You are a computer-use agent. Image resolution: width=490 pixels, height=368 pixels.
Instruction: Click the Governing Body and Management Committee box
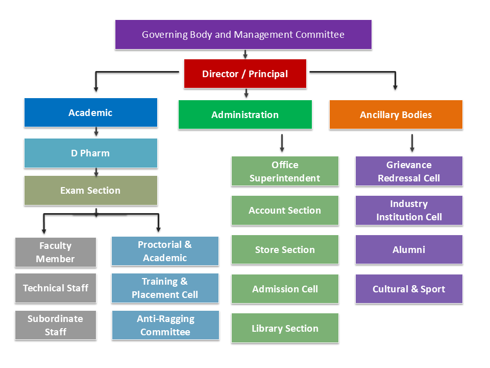click(243, 35)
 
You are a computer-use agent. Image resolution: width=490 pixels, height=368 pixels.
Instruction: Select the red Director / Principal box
click(245, 74)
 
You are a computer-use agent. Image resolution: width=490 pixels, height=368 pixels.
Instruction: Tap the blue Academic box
click(90, 112)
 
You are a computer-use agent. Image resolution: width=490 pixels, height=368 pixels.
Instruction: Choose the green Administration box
click(245, 114)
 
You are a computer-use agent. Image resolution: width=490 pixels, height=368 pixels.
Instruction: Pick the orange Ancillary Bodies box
click(396, 114)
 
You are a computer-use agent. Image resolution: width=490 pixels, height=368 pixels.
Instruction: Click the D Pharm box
click(90, 153)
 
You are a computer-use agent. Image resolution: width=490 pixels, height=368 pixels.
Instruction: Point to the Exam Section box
click(90, 190)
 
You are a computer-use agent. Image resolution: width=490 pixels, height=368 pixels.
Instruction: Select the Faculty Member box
click(55, 252)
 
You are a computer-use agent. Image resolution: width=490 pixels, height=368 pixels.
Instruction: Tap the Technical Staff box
click(55, 288)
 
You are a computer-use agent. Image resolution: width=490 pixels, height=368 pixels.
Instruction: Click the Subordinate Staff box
click(55, 325)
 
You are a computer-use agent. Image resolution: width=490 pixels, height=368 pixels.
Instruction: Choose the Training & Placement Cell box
click(165, 288)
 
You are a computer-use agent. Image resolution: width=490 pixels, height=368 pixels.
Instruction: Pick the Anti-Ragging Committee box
click(165, 325)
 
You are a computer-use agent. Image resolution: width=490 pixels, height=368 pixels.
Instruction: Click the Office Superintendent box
click(285, 171)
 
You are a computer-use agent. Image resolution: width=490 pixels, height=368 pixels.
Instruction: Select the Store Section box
click(285, 249)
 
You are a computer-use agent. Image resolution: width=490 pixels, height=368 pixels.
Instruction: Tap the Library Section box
click(285, 328)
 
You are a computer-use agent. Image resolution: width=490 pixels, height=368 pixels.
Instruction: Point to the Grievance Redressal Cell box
click(409, 171)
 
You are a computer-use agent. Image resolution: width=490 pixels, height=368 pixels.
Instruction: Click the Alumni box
click(409, 249)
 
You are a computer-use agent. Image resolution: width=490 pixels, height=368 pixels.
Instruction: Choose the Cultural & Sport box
click(409, 289)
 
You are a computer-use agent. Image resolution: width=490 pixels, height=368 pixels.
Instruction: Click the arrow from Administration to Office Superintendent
click(282, 143)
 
